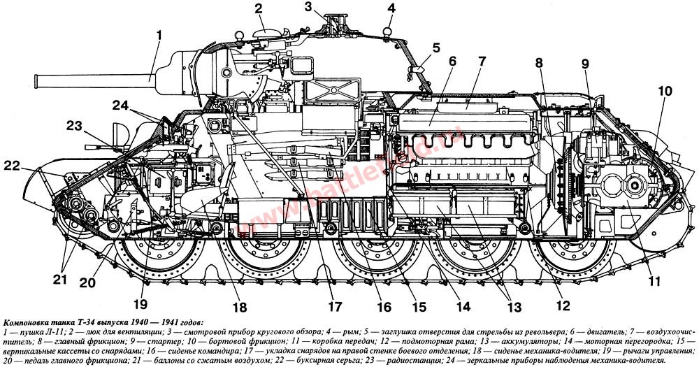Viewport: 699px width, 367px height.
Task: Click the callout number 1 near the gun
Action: [159, 33]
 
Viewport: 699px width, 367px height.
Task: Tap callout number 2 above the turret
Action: [259, 9]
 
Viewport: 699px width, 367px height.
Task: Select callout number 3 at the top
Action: [328, 7]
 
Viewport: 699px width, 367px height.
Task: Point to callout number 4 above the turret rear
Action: [391, 8]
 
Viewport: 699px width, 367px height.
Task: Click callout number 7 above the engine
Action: [480, 62]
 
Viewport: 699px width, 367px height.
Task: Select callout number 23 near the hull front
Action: [75, 126]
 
